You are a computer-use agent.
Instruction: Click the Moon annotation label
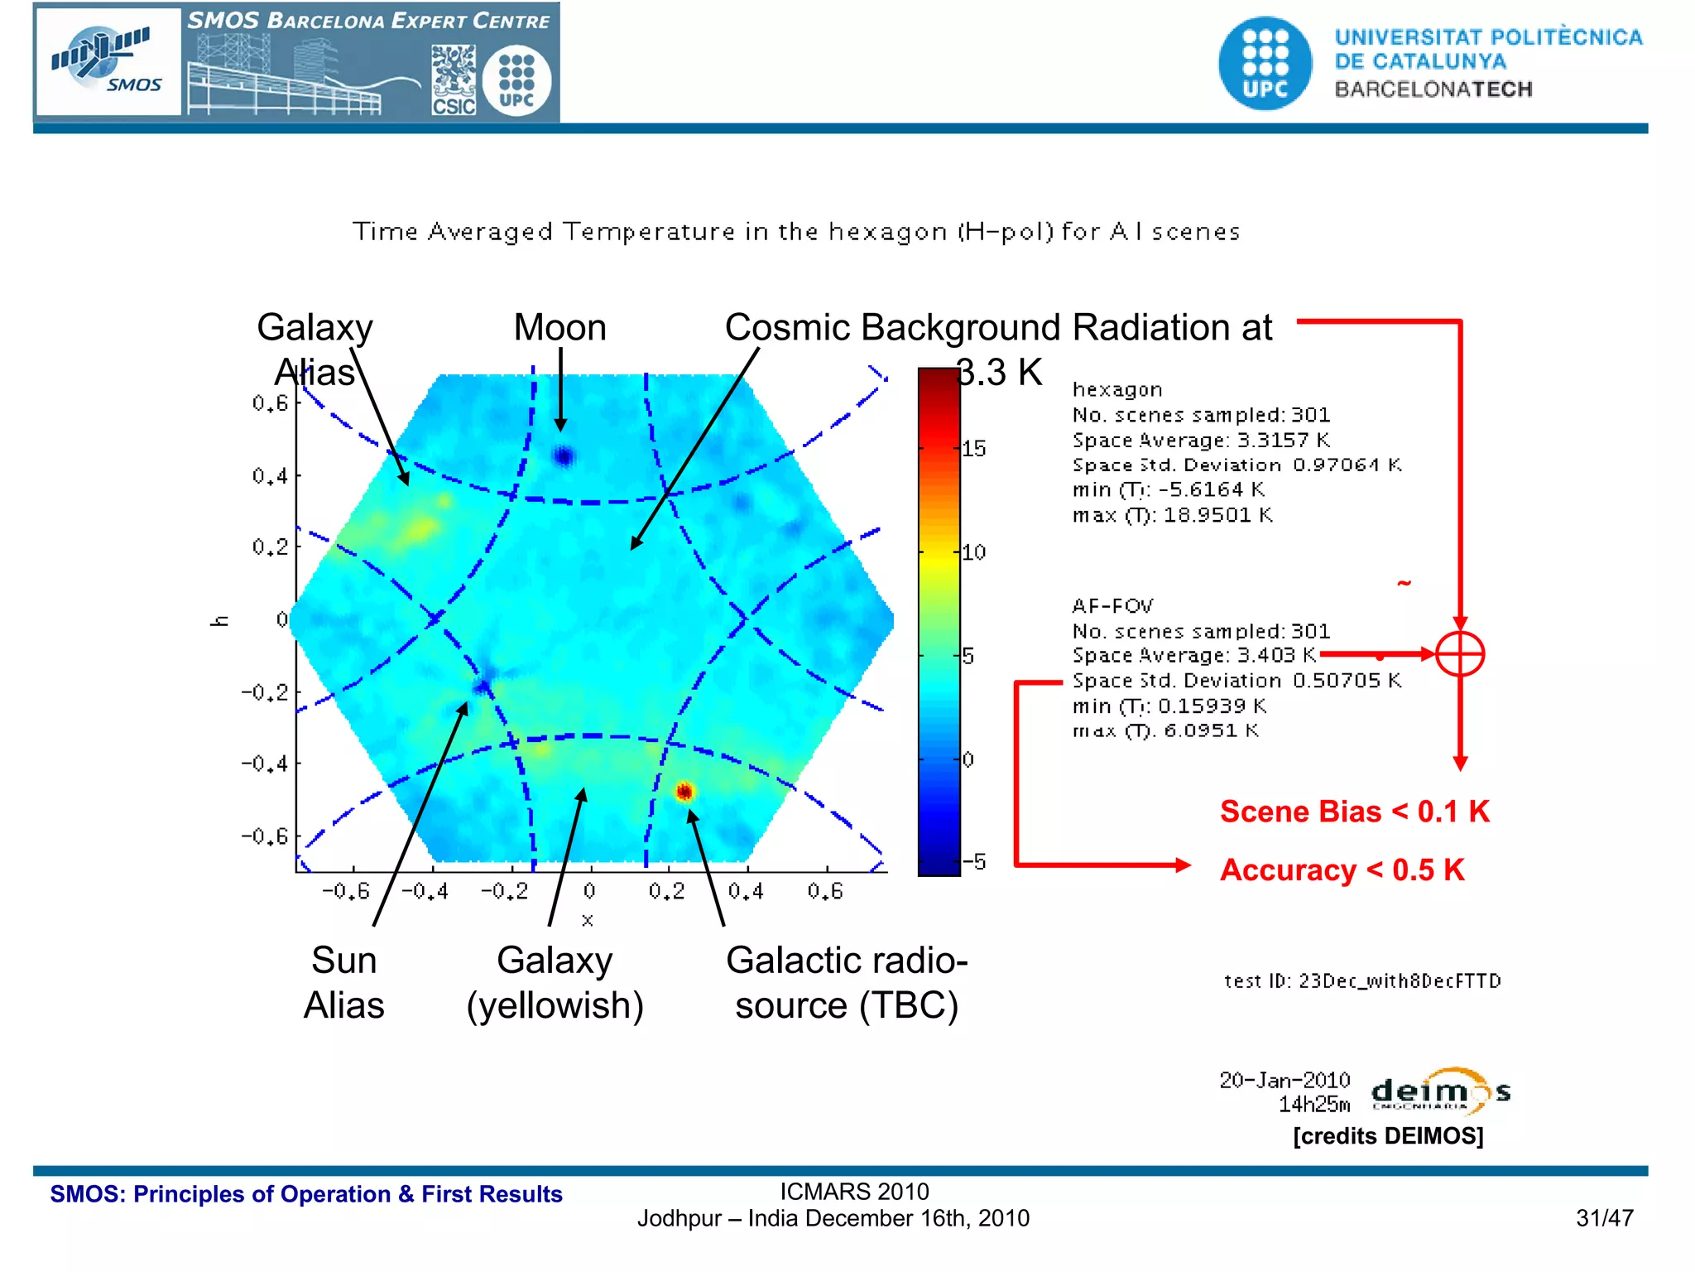560,328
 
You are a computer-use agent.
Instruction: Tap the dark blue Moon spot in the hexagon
564,456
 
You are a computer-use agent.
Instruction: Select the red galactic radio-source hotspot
684,792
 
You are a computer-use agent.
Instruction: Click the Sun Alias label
343,983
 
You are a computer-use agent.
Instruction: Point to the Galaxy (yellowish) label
555,983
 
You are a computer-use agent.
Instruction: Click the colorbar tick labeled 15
974,449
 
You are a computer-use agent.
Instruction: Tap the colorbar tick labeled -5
977,862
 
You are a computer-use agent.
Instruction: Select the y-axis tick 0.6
270,403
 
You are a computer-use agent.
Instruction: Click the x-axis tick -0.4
425,892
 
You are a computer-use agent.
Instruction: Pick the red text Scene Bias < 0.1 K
1355,812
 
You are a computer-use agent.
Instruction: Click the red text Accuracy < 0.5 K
1342,870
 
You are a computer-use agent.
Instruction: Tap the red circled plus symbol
1460,654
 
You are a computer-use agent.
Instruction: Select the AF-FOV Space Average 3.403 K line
1193,655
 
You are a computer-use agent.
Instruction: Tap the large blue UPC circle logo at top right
1265,63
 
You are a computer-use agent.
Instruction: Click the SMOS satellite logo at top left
108,61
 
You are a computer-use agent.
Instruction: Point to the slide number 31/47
1604,1218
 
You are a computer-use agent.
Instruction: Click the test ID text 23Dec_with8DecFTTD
1362,981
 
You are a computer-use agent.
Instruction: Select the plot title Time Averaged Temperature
795,232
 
